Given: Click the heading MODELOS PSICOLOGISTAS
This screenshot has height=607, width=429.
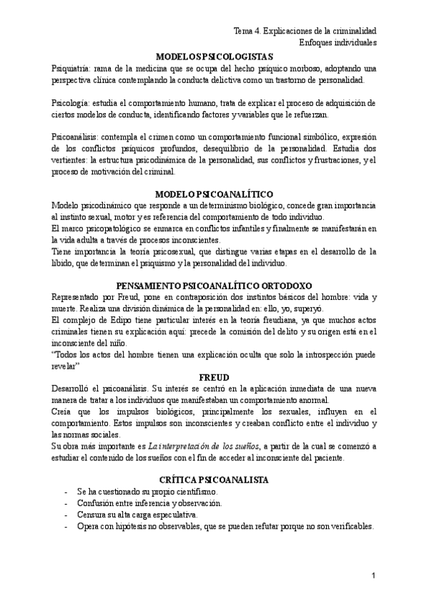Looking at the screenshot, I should click(214, 57).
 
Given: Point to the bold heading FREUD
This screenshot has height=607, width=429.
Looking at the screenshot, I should click(214, 378).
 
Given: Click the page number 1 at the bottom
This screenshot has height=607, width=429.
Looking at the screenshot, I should click(373, 576).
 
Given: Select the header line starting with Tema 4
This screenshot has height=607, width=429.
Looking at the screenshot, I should click(305, 32).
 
